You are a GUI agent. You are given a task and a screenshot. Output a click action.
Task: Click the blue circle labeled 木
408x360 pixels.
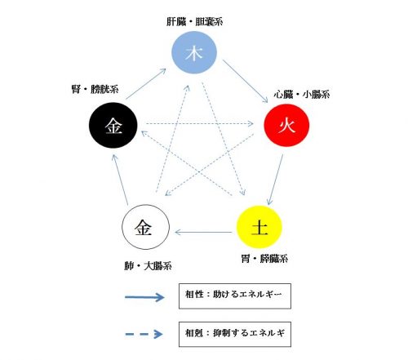(194, 52)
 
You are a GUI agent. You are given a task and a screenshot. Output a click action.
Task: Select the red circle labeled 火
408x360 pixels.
(286, 125)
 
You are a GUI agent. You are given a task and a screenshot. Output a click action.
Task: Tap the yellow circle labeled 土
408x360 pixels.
(259, 227)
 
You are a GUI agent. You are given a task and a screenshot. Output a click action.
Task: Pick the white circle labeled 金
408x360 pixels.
(145, 227)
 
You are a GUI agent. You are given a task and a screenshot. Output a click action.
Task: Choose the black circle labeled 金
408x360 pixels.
(113, 125)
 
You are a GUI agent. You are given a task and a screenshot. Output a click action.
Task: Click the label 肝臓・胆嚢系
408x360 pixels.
(195, 21)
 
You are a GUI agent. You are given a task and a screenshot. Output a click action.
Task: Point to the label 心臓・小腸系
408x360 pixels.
(302, 95)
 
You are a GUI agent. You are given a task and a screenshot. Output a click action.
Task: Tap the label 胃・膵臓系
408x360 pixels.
(264, 259)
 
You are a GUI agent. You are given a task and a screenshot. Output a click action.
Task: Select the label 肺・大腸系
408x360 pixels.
(148, 266)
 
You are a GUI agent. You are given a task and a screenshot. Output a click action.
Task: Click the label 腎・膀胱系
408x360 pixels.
(95, 89)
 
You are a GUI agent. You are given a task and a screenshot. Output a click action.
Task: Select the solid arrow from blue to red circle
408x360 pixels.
(246, 82)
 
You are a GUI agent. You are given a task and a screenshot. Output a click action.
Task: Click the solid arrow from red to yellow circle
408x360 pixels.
(275, 180)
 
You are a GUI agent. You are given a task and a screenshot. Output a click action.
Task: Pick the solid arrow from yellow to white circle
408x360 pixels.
(203, 233)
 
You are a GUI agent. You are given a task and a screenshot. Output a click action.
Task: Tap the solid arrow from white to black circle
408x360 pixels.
(120, 180)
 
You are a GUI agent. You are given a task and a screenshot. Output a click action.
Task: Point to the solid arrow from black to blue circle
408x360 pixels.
(146, 84)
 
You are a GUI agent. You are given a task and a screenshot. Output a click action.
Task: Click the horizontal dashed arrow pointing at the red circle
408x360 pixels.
(200, 124)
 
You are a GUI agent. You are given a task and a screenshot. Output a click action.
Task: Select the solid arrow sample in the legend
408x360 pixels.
(144, 297)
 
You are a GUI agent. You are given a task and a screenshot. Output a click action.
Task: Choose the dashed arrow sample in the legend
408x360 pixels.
(144, 334)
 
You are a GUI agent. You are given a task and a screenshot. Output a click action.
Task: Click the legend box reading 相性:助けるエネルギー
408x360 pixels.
(235, 296)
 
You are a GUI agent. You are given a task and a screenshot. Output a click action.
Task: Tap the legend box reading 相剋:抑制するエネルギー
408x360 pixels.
(235, 335)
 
